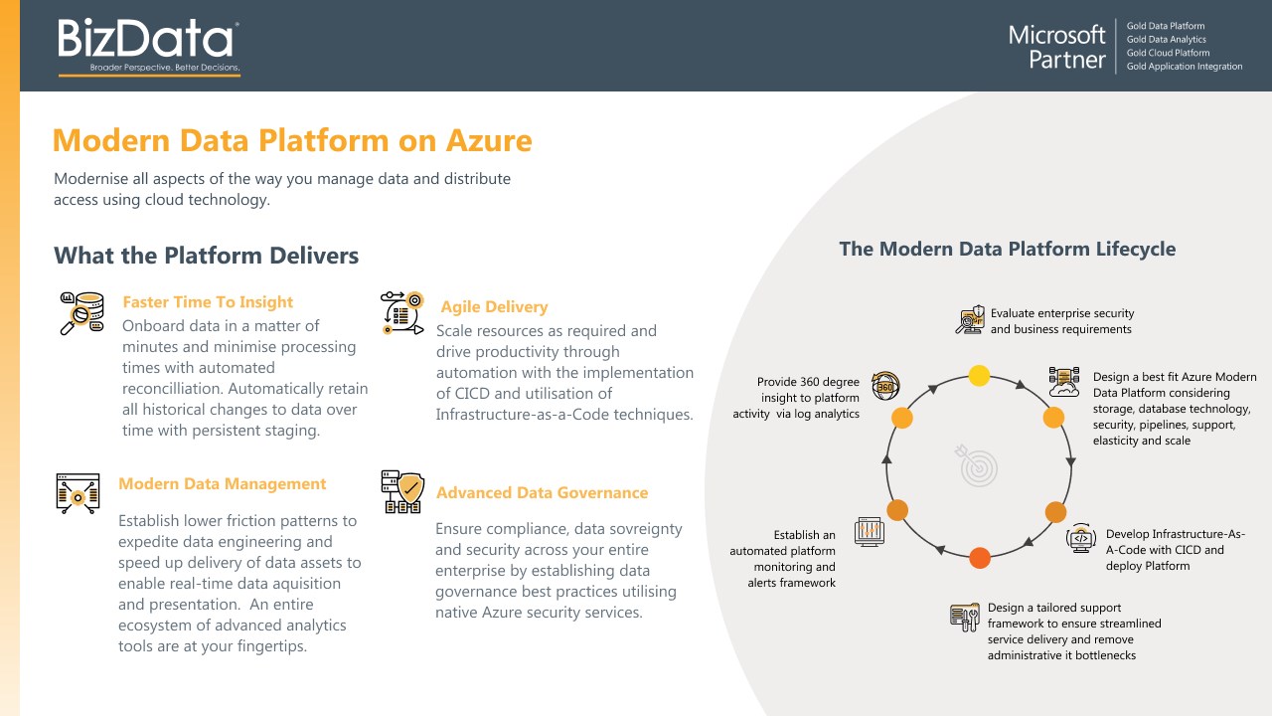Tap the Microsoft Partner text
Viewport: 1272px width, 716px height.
tap(1056, 47)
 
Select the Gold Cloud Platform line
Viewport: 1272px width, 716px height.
tap(1168, 54)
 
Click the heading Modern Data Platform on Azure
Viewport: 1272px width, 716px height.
tap(291, 140)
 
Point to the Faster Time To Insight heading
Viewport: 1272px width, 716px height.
tap(208, 302)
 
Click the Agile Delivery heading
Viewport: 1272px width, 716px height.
tap(494, 307)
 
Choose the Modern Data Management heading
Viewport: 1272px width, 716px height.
tap(222, 484)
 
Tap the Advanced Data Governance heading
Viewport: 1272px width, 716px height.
tap(542, 493)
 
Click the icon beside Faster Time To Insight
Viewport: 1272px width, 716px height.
tap(81, 313)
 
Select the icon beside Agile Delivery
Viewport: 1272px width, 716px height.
tap(402, 312)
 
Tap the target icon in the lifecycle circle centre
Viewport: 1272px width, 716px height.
tap(979, 465)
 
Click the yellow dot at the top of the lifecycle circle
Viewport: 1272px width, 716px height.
tap(979, 376)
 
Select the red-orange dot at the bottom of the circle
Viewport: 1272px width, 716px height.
tap(979, 558)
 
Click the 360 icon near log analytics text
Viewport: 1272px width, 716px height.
tap(884, 386)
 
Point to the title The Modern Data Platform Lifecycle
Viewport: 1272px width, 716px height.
tap(1007, 250)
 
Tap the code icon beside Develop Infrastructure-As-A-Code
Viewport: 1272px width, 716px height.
tap(1080, 538)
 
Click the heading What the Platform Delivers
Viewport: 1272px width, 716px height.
tap(206, 256)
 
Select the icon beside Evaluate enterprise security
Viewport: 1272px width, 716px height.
tap(970, 319)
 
